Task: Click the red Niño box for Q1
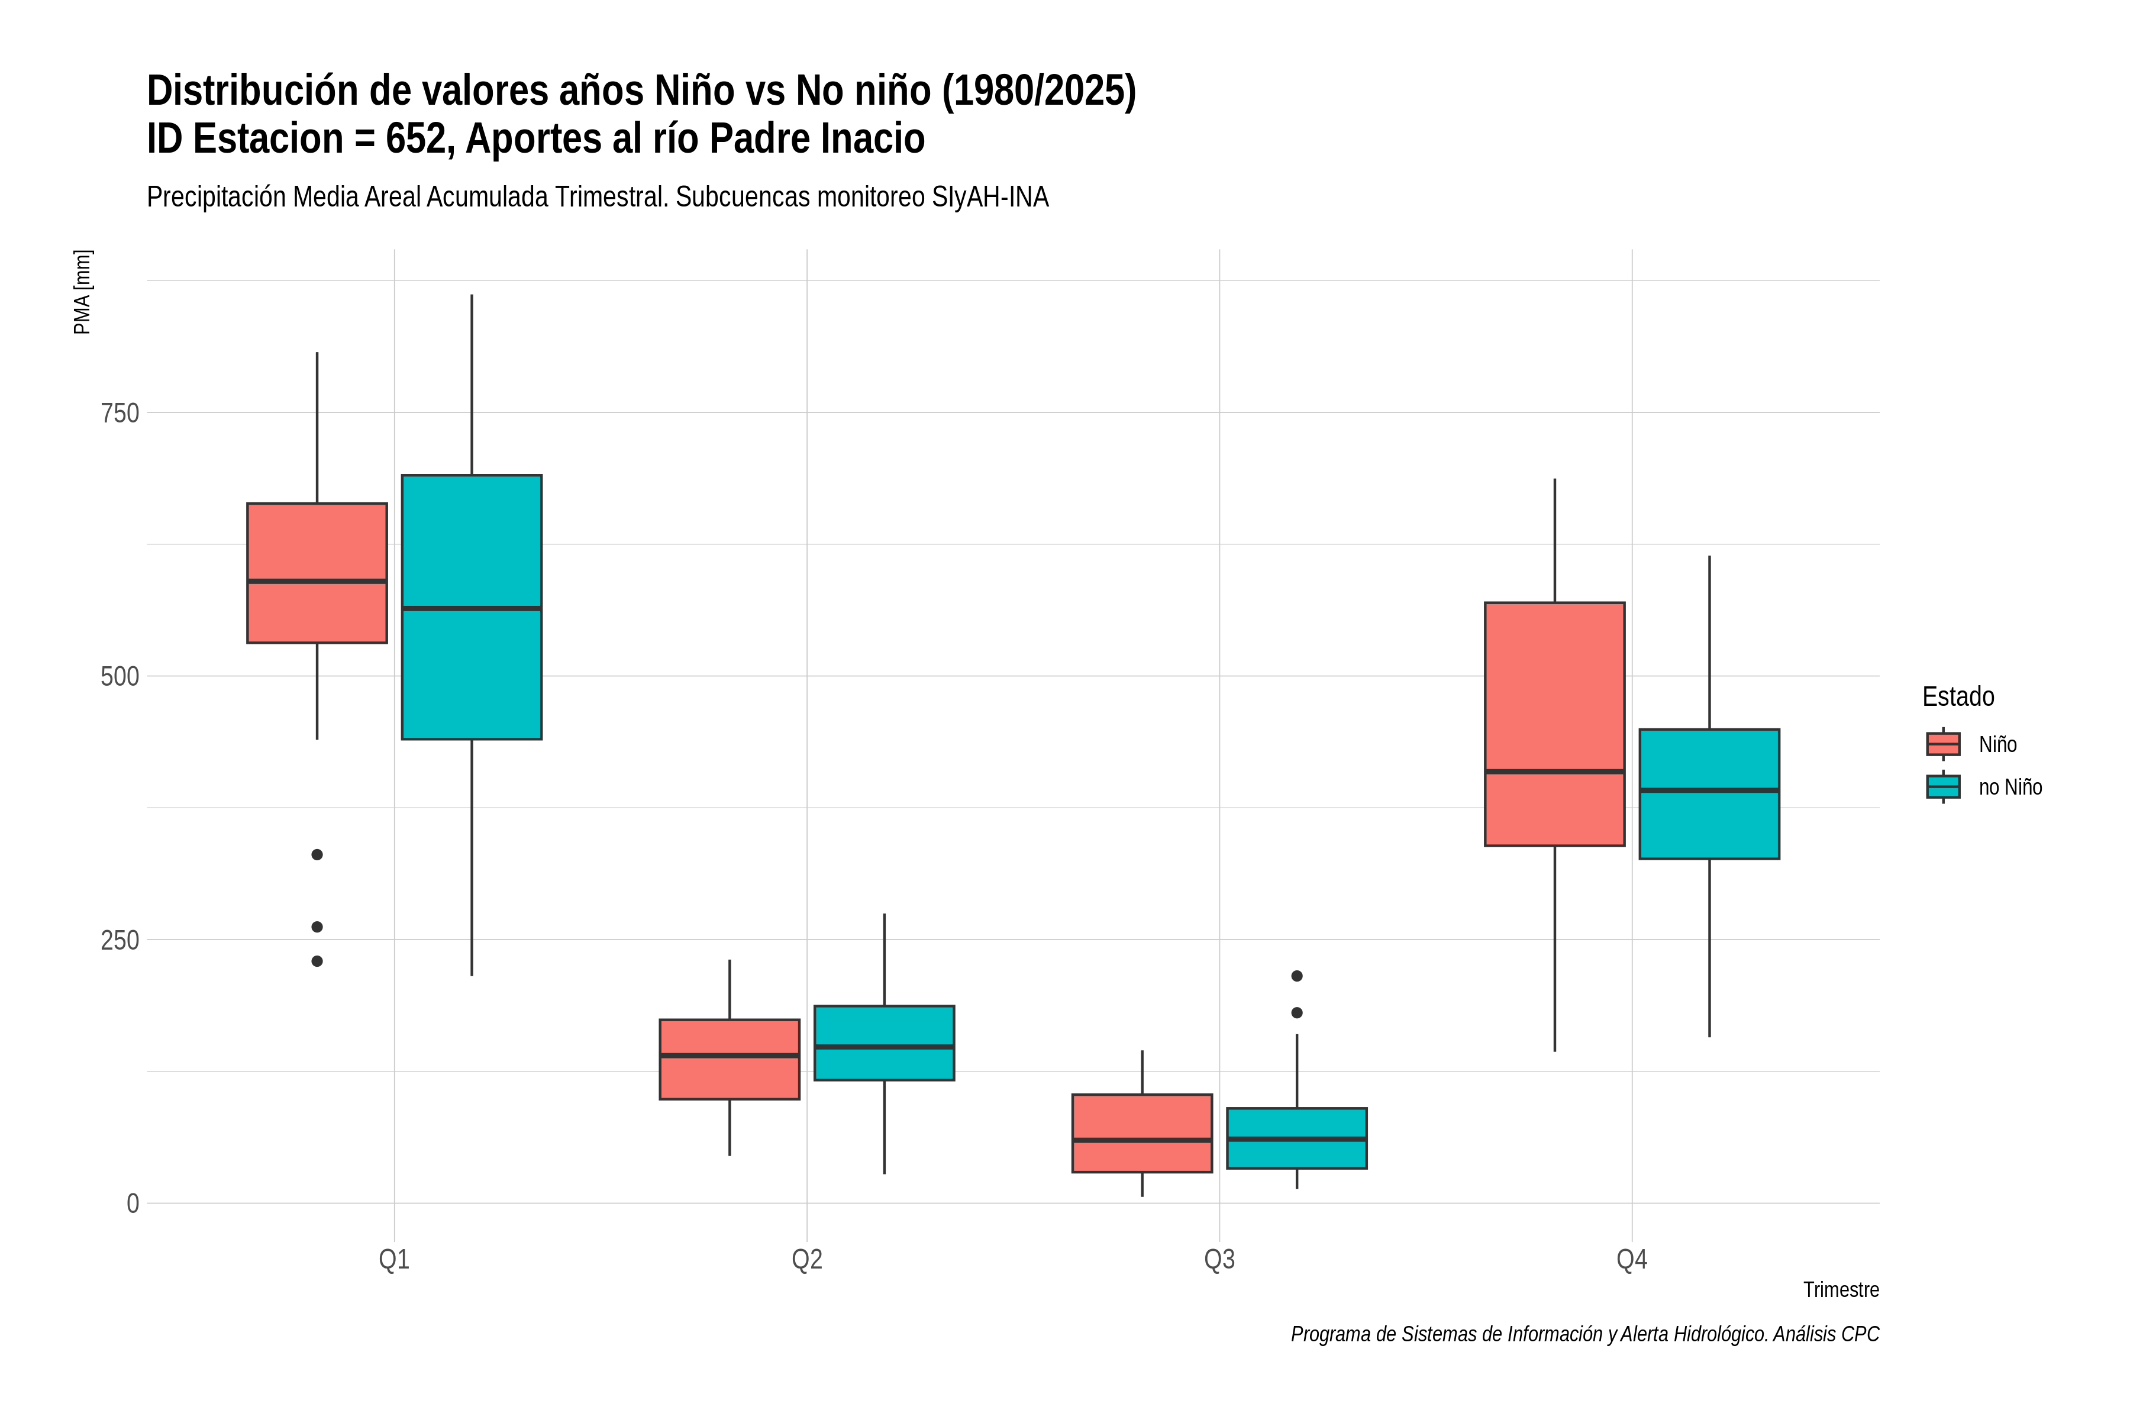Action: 317,573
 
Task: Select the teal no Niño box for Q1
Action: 472,607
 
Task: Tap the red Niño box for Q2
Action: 730,1060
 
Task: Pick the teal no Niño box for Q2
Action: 884,1043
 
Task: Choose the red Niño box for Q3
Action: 1142,1134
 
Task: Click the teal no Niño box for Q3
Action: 1297,1138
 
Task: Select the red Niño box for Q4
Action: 1555,724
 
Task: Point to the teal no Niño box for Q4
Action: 1710,794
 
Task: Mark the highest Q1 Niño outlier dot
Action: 317,855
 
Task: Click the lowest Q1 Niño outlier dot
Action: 317,962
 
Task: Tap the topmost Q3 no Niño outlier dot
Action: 1297,976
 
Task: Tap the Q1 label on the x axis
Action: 394,1259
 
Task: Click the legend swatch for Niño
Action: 1944,744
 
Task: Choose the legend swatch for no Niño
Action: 1944,787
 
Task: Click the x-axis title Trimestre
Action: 1841,1290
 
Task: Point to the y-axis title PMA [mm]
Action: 82,292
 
